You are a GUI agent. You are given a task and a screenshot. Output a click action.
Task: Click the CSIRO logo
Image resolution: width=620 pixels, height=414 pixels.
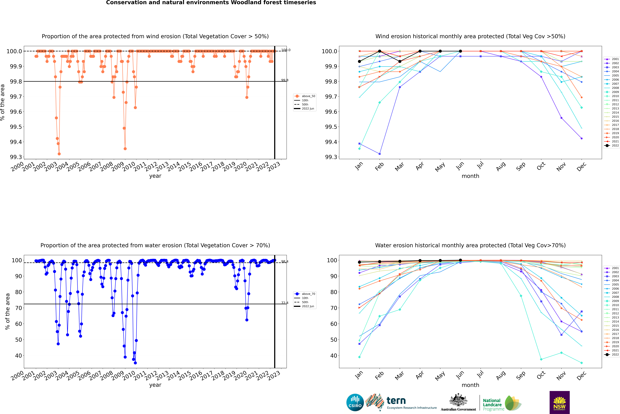pos(355,402)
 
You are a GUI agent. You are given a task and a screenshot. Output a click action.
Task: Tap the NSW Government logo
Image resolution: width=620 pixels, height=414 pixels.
pos(559,402)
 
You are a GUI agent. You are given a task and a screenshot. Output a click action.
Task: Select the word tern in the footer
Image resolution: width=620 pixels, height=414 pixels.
pos(396,401)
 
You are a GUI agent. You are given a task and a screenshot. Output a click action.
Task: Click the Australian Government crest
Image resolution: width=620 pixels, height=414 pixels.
pos(458,400)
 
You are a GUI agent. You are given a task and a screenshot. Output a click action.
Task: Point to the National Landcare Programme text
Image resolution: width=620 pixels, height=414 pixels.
pos(492,404)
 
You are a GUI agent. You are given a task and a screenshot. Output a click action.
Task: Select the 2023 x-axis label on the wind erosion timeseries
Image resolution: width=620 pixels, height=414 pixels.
pos(274,167)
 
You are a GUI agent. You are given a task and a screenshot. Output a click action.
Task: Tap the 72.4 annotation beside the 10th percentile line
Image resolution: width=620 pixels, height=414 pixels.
pos(285,303)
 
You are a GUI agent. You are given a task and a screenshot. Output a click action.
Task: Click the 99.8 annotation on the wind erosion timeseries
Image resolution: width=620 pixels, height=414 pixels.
pos(285,80)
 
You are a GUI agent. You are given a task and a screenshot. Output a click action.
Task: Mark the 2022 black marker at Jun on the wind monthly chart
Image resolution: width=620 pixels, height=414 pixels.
pos(460,51)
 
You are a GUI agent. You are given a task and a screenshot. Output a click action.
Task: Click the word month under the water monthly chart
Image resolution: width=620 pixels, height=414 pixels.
pos(470,385)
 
